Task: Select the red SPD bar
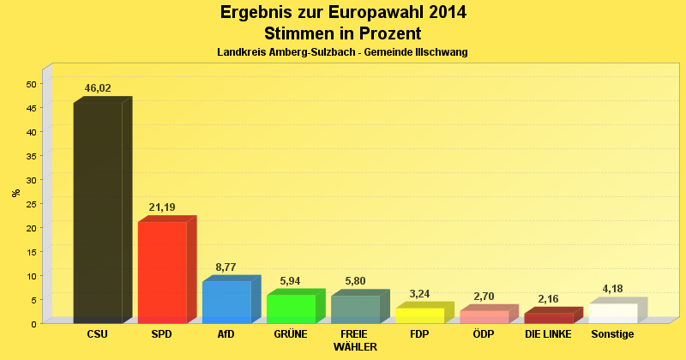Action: pyautogui.click(x=162, y=272)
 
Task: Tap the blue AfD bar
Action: pyautogui.click(x=226, y=302)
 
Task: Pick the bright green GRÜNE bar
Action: pyautogui.click(x=291, y=309)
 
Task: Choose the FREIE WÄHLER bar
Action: pyautogui.click(x=355, y=309)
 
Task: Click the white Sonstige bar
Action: pyautogui.click(x=613, y=313)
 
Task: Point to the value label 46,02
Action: pyautogui.click(x=98, y=88)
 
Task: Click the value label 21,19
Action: pyautogui.click(x=162, y=207)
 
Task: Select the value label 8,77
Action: pyautogui.click(x=226, y=267)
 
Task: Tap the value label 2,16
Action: pyautogui.click(x=549, y=299)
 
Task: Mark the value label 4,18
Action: pyautogui.click(x=613, y=289)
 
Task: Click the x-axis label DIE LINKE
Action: pyautogui.click(x=549, y=333)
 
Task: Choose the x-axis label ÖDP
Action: pyautogui.click(x=484, y=333)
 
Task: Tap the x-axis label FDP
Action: pyautogui.click(x=419, y=333)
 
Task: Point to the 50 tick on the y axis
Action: pyautogui.click(x=31, y=84)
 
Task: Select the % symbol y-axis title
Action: pyautogui.click(x=15, y=193)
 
